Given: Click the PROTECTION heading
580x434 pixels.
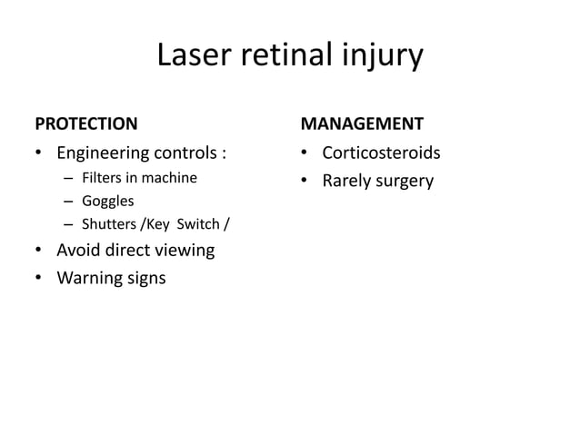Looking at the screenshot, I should pyautogui.click(x=86, y=123).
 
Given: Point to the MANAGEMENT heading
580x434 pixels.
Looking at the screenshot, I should pyautogui.click(x=361, y=123).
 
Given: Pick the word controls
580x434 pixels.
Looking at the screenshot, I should pyautogui.click(x=192, y=152).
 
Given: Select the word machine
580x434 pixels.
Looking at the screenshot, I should pyautogui.click(x=167, y=177).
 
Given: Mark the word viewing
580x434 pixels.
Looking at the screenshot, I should pyautogui.click(x=185, y=250).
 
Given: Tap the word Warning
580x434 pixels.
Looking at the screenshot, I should pyautogui.click(x=89, y=278).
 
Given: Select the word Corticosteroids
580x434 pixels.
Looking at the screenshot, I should pyautogui.click(x=381, y=152).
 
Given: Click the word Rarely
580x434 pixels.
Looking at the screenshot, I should pyautogui.click(x=349, y=181).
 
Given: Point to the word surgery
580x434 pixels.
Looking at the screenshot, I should pyautogui.click(x=406, y=182).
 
